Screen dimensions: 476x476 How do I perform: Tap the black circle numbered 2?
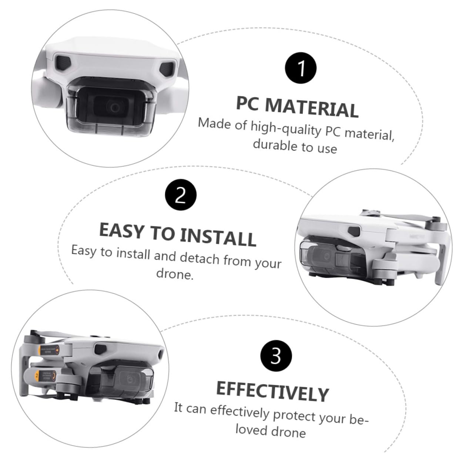181,195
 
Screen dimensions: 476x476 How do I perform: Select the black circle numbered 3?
276,356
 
